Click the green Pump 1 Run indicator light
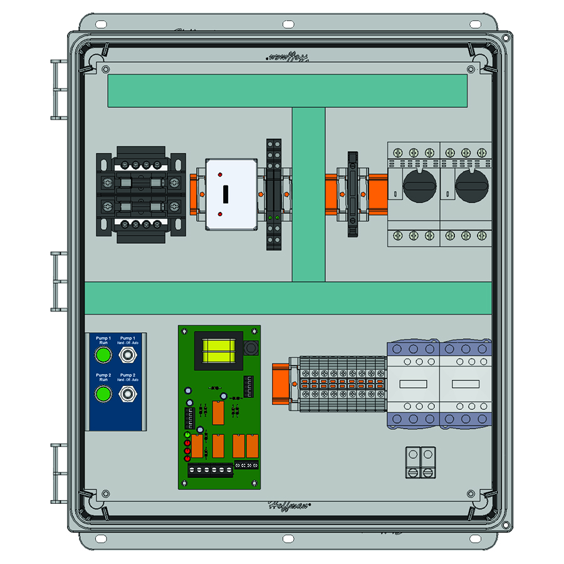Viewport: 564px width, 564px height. pos(103,356)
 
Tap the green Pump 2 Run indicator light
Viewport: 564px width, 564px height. pos(103,394)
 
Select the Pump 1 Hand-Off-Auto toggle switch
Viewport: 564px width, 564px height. pos(128,356)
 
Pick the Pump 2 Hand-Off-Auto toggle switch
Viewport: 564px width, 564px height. pos(128,394)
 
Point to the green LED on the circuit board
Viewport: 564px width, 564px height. pos(187,435)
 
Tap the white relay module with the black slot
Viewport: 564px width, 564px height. pos(224,194)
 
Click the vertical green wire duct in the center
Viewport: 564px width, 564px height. pos(308,194)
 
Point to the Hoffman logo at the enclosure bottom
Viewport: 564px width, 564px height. pos(290,504)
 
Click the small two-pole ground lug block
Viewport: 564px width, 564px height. pos(420,462)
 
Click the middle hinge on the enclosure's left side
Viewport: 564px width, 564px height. pos(58,281)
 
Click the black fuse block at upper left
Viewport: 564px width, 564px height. pos(141,194)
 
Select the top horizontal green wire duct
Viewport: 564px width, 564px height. pos(287,91)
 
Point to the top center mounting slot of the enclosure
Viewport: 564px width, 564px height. pos(287,24)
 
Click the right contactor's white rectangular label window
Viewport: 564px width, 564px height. pos(467,384)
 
